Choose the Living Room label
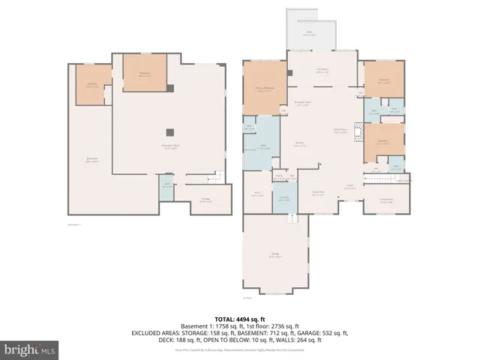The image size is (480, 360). point(387,200)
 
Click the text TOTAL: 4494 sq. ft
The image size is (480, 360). point(239,318)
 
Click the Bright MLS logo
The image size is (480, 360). point(30,349)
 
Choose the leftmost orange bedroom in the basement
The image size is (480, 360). point(92,84)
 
